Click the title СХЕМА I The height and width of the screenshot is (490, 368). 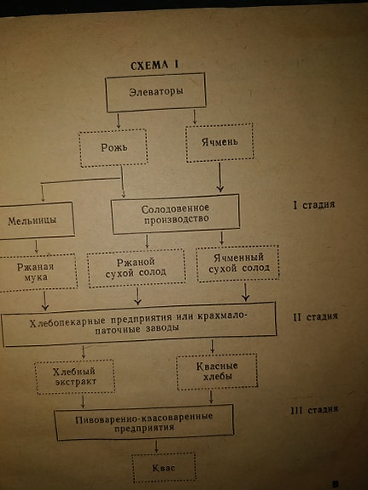(154, 66)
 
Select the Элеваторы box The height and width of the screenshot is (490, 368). (155, 93)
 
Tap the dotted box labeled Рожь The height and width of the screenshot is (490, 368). (114, 147)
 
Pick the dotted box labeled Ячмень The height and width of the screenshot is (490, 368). (219, 142)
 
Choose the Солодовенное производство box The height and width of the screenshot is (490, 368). (175, 214)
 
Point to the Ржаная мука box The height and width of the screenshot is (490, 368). (37, 273)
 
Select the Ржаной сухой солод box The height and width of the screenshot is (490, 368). (137, 268)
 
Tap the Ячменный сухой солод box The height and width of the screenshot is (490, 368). (237, 263)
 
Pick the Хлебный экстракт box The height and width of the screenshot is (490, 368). (75, 377)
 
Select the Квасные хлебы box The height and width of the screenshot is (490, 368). (217, 372)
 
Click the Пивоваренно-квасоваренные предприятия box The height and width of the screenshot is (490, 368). (144, 422)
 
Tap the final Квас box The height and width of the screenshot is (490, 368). (164, 468)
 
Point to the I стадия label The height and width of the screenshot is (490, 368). (314, 205)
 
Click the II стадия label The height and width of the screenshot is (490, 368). (315, 317)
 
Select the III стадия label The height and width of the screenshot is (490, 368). (314, 410)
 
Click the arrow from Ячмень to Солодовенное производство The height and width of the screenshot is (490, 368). (219, 177)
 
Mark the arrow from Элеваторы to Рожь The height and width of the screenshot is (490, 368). (119, 121)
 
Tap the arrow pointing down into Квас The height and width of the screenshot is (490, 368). (156, 447)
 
